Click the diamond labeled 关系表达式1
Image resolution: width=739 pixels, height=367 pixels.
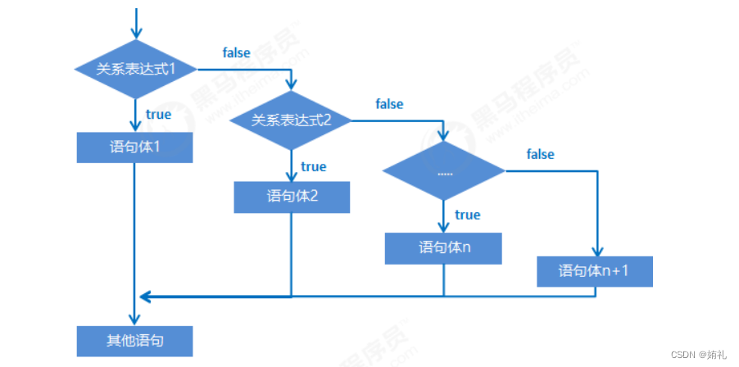135,69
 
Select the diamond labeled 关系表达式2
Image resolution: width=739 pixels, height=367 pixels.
291,120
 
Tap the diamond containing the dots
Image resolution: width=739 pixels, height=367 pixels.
445,171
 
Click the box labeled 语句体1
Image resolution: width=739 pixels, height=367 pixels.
135,148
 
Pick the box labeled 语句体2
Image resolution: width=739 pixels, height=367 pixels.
292,197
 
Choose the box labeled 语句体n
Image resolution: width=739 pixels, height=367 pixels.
443,247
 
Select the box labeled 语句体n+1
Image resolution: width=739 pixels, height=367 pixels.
595,271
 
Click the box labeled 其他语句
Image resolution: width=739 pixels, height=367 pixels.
135,340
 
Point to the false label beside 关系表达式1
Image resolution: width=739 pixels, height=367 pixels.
237,53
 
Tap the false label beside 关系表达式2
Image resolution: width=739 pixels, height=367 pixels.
389,104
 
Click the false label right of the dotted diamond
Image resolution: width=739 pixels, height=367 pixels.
540,154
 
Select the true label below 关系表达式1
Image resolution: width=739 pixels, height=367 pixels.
158,115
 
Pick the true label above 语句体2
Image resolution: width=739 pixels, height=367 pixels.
313,166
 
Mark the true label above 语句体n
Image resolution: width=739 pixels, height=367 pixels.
467,215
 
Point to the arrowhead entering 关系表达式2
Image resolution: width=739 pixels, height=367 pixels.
291,86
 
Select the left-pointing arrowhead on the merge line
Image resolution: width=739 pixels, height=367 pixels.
145,295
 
